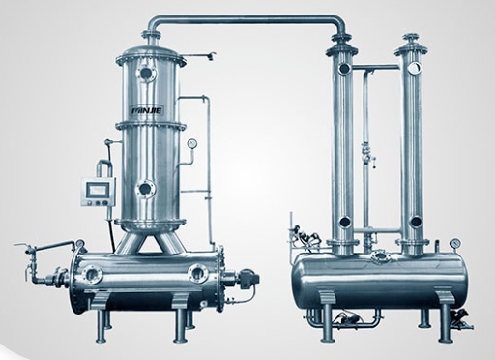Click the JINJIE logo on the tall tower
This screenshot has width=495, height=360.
click(147, 111)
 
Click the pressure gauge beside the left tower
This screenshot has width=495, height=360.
click(192, 143)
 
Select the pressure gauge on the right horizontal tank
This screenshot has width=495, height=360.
click(455, 243)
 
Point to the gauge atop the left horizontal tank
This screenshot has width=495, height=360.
click(79, 243)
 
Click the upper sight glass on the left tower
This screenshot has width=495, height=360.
click(147, 73)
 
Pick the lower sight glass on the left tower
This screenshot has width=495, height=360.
click(145, 189)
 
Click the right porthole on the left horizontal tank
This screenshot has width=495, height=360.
click(198, 273)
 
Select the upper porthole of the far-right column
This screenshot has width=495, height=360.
click(414, 68)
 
